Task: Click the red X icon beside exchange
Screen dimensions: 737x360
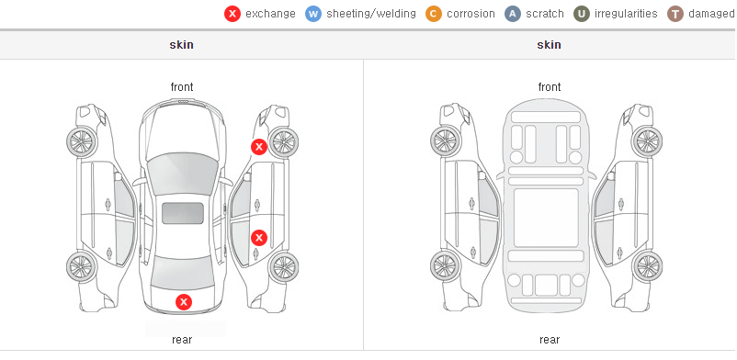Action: point(232,14)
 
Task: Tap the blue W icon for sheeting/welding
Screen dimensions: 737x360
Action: point(313,14)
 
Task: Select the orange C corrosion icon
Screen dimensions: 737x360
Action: point(434,14)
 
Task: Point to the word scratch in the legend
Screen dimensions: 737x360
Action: point(545,14)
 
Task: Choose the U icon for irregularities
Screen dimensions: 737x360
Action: point(582,14)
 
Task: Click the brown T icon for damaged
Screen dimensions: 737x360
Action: point(675,14)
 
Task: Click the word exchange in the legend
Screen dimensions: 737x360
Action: point(270,14)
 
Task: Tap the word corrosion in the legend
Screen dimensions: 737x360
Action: point(471,14)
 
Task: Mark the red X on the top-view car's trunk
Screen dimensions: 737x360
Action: point(184,302)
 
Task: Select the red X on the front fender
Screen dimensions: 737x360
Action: point(258,147)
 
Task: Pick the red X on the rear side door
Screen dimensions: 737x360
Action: point(259,238)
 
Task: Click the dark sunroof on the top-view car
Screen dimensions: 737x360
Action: point(183,213)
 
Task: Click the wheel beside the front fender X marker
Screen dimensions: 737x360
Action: point(283,141)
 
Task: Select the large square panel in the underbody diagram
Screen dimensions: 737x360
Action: point(546,218)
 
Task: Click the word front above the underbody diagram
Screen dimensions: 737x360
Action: point(550,87)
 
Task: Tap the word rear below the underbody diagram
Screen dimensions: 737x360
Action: point(550,340)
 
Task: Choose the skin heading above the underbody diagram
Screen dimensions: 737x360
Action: point(549,45)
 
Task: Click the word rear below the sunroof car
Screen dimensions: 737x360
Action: point(182,340)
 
